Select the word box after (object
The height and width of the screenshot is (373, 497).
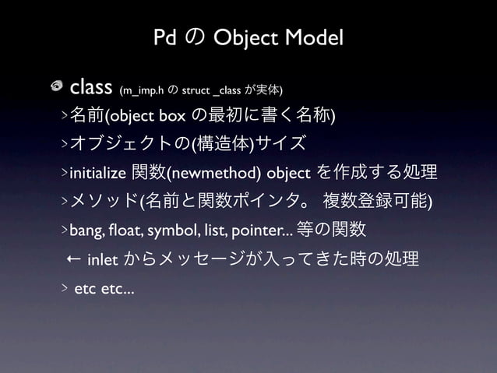coord(171,116)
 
